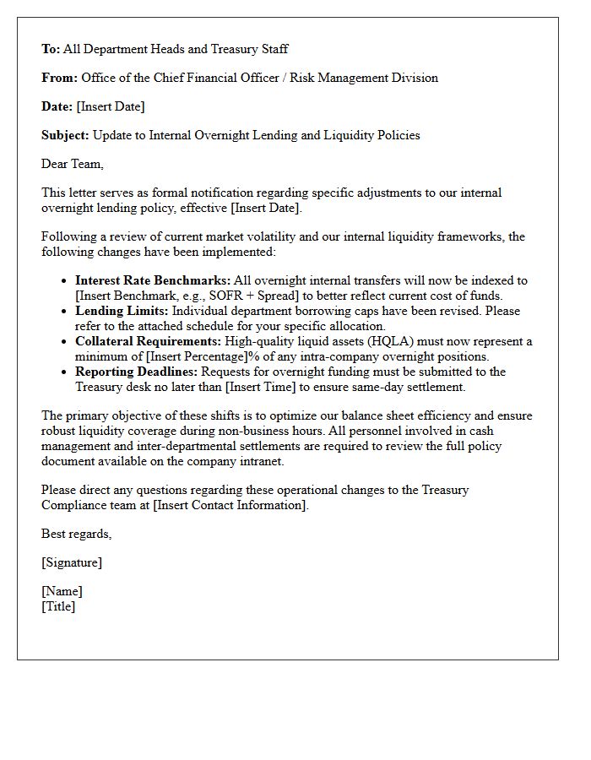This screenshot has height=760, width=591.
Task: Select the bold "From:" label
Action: [59, 78]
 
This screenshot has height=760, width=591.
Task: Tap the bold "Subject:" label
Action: [65, 135]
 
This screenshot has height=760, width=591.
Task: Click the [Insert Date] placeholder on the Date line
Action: [110, 106]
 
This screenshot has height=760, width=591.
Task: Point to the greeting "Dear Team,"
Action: [73, 164]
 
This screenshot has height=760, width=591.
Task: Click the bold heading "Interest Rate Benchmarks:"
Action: [153, 280]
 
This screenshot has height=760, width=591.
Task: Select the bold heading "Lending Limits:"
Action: [122, 311]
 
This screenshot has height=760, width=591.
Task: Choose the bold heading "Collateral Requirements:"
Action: [148, 341]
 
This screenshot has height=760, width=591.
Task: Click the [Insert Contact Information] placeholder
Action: [230, 505]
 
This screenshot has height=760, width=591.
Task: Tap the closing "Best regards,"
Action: [77, 534]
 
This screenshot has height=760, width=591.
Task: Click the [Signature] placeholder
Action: [72, 562]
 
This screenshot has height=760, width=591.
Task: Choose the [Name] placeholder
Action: [62, 591]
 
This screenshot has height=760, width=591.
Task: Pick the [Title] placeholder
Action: [58, 606]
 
